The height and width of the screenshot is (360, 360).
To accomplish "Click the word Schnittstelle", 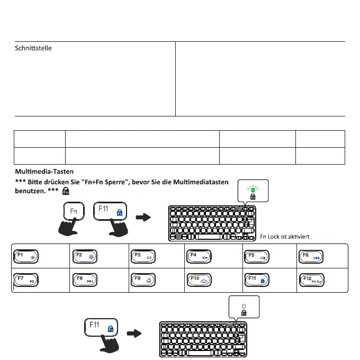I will pos(33,48).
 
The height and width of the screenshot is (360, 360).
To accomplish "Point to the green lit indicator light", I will pos(253,188).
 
